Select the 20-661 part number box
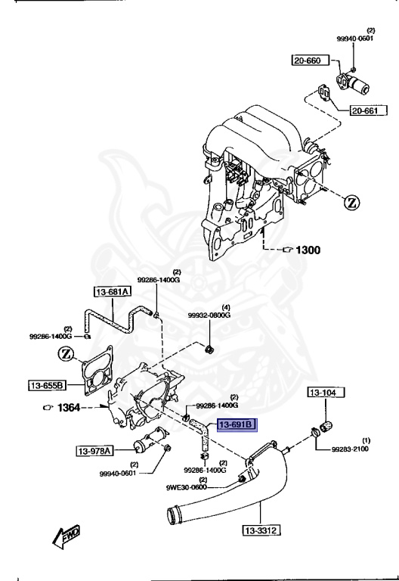(369, 113)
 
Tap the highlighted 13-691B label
(237, 425)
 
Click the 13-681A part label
(113, 292)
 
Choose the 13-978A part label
(94, 452)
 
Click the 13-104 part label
(326, 393)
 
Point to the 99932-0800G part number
(209, 315)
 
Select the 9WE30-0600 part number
(187, 487)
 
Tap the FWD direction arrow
(67, 537)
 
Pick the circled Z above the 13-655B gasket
(67, 353)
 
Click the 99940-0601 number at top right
(354, 39)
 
